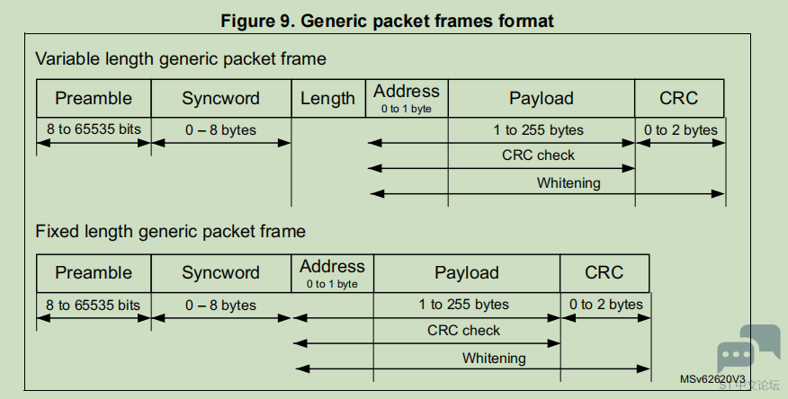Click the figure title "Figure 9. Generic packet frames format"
[x=387, y=21]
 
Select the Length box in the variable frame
[x=328, y=98]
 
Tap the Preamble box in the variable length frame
[x=94, y=98]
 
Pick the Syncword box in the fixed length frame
[x=221, y=273]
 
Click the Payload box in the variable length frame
[x=542, y=98]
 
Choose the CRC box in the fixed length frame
[x=604, y=273]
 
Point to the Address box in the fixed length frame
[x=332, y=273]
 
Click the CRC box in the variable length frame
[x=679, y=98]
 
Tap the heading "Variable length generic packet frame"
[x=181, y=58]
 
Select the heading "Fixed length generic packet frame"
[x=170, y=231]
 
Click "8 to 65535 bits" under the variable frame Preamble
[x=94, y=129]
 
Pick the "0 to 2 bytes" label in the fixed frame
[x=606, y=304]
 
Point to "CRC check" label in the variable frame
[x=538, y=155]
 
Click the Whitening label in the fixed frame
[x=494, y=359]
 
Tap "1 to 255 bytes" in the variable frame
[x=538, y=130]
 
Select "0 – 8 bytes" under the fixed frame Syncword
[x=220, y=306]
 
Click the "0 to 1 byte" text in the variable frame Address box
[x=406, y=109]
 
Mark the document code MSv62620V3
[x=712, y=379]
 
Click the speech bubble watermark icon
[x=748, y=348]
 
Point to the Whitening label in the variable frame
[x=569, y=183]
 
